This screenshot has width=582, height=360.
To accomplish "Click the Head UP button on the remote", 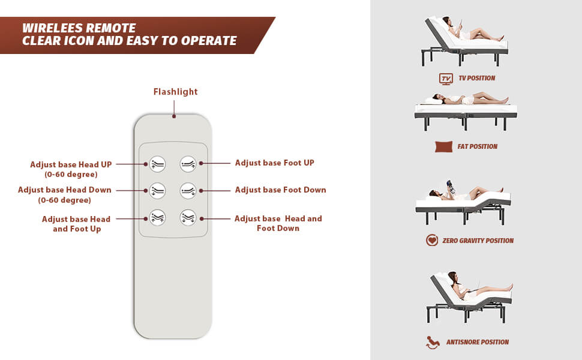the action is point(157,164).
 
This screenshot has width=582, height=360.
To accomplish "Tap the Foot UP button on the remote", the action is point(188,164).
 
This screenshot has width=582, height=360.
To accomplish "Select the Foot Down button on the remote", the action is point(188,191).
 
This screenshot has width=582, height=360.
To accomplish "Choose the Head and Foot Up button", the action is point(157,217).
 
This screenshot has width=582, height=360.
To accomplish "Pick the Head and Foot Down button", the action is point(188,217).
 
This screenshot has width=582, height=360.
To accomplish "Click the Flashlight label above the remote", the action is point(176,92).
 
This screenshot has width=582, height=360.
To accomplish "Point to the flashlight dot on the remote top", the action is point(174,116).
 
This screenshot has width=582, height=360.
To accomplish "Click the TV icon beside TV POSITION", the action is point(446,79).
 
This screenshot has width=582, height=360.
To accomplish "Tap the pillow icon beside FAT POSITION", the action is point(443,146).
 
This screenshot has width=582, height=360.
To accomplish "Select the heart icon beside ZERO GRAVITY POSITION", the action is point(432,240).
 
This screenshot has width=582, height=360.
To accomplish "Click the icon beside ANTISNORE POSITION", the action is point(432,342).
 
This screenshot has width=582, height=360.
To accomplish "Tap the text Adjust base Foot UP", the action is point(275,163).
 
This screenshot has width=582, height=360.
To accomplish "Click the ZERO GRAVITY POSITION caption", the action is point(478,241).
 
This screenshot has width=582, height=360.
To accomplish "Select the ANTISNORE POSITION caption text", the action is point(478,342).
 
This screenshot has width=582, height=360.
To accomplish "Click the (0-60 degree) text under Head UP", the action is point(71,175).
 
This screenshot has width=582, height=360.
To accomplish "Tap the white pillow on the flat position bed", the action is point(434,101).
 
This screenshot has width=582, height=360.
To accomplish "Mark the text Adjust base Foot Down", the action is point(281,190).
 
